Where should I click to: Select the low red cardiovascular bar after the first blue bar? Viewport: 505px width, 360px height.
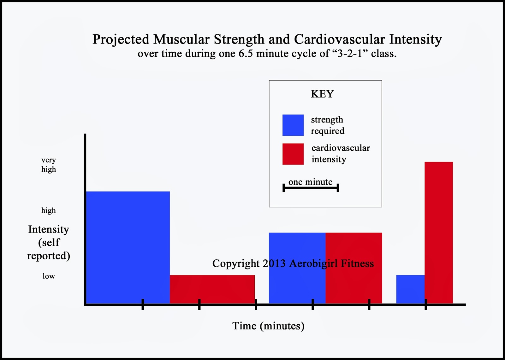click(212, 289)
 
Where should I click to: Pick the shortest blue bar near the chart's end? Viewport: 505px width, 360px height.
click(410, 289)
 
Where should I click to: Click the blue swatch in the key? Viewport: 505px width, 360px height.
click(293, 125)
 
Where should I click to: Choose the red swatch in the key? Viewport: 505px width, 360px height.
click(293, 154)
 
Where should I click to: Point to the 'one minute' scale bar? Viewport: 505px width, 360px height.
click(311, 188)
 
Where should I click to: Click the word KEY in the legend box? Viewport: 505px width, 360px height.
click(322, 94)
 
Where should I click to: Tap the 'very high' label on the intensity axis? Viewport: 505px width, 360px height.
click(49, 165)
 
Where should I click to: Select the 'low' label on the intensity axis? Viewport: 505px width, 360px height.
click(49, 276)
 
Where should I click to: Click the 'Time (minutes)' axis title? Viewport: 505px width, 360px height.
click(268, 326)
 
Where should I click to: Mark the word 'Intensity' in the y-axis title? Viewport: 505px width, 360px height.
click(49, 229)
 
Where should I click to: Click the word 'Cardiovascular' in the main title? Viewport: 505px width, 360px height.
click(339, 39)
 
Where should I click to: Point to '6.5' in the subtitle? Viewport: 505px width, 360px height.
click(246, 54)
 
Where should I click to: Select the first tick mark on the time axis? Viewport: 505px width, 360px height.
click(143, 304)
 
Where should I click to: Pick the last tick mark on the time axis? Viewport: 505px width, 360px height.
click(426, 304)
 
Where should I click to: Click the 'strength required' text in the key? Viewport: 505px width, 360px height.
click(327, 125)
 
